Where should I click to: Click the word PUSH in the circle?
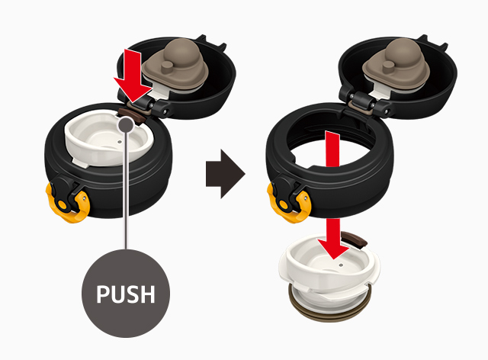point(126,294)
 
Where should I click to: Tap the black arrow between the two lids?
point(226,174)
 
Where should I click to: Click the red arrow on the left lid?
point(132,76)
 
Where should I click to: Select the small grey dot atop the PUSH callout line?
point(126,124)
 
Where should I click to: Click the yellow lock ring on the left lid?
point(68,202)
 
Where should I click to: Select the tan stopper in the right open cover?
point(396,66)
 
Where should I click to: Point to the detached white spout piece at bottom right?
point(330,271)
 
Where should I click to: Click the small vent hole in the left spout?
point(120,142)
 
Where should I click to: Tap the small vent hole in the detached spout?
point(341,265)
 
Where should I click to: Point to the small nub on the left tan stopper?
point(168,66)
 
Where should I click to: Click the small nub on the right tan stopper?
point(389,66)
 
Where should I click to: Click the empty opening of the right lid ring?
point(330,146)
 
